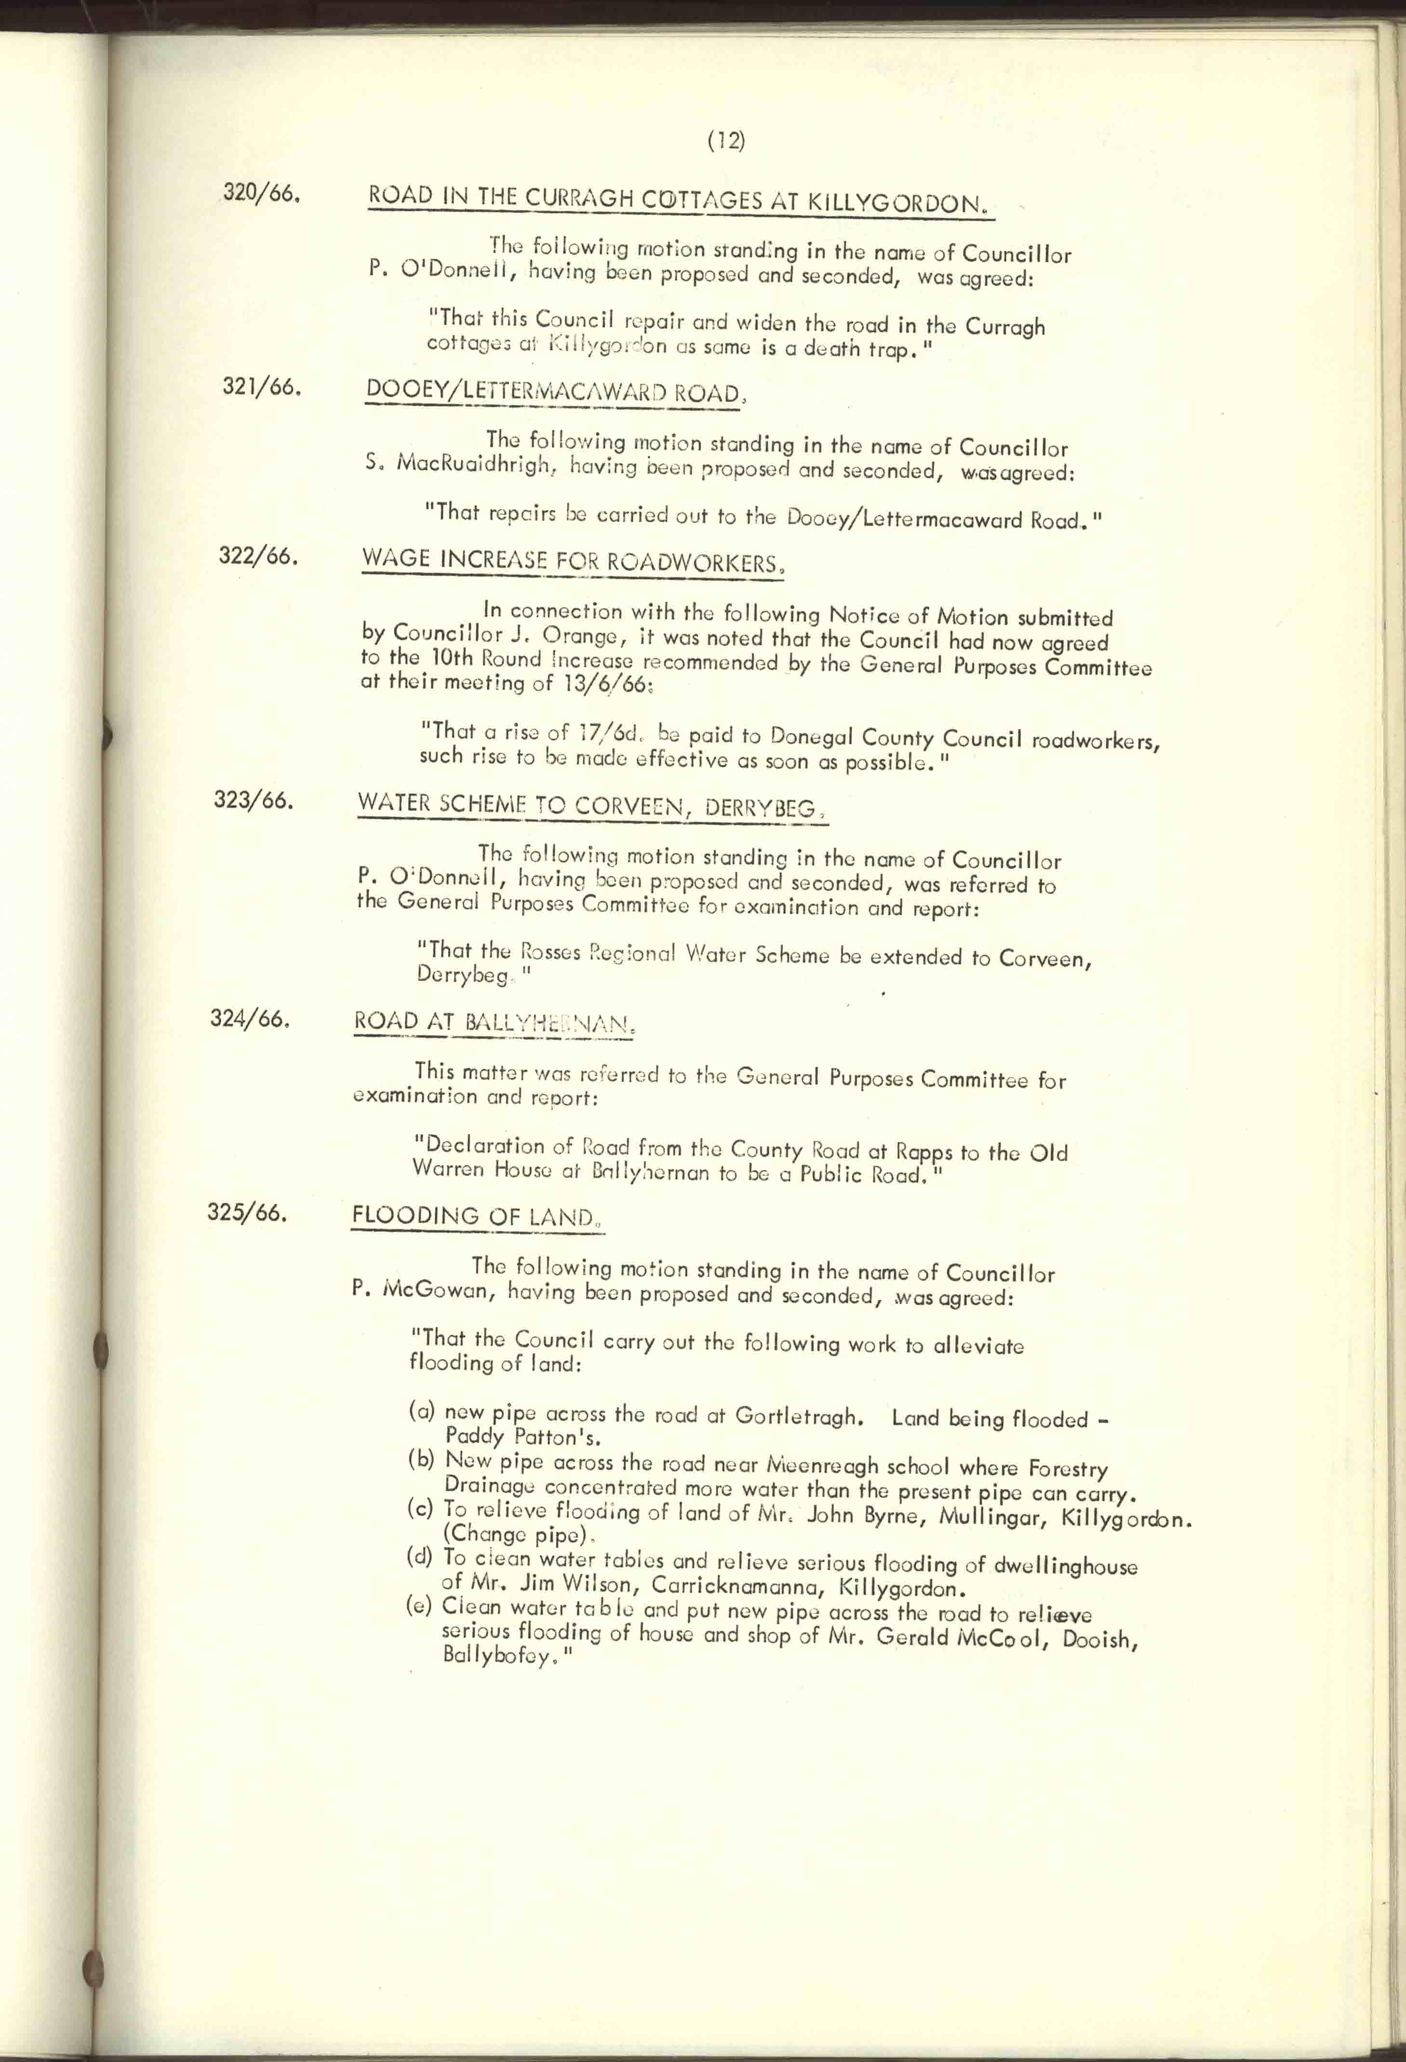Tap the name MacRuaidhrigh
point(476,464)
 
